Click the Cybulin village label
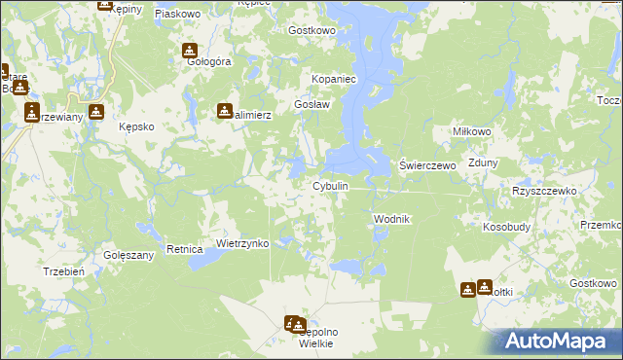[x=329, y=186]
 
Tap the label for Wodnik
[x=393, y=220]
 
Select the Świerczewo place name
[x=428, y=166]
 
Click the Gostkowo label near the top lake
[x=311, y=30]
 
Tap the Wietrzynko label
[x=241, y=243]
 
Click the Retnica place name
[x=183, y=249]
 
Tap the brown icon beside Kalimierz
[x=225, y=111]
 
